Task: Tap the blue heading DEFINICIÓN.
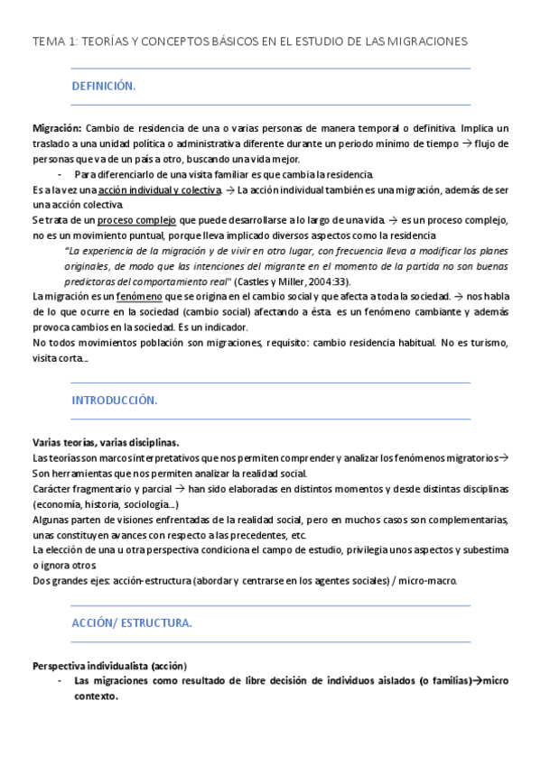(x=103, y=87)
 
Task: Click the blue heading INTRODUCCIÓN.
(x=115, y=400)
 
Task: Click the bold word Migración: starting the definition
(x=57, y=129)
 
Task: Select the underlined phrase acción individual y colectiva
(x=160, y=190)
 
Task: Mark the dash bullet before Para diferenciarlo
(x=60, y=174)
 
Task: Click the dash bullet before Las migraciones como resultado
(x=60, y=681)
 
